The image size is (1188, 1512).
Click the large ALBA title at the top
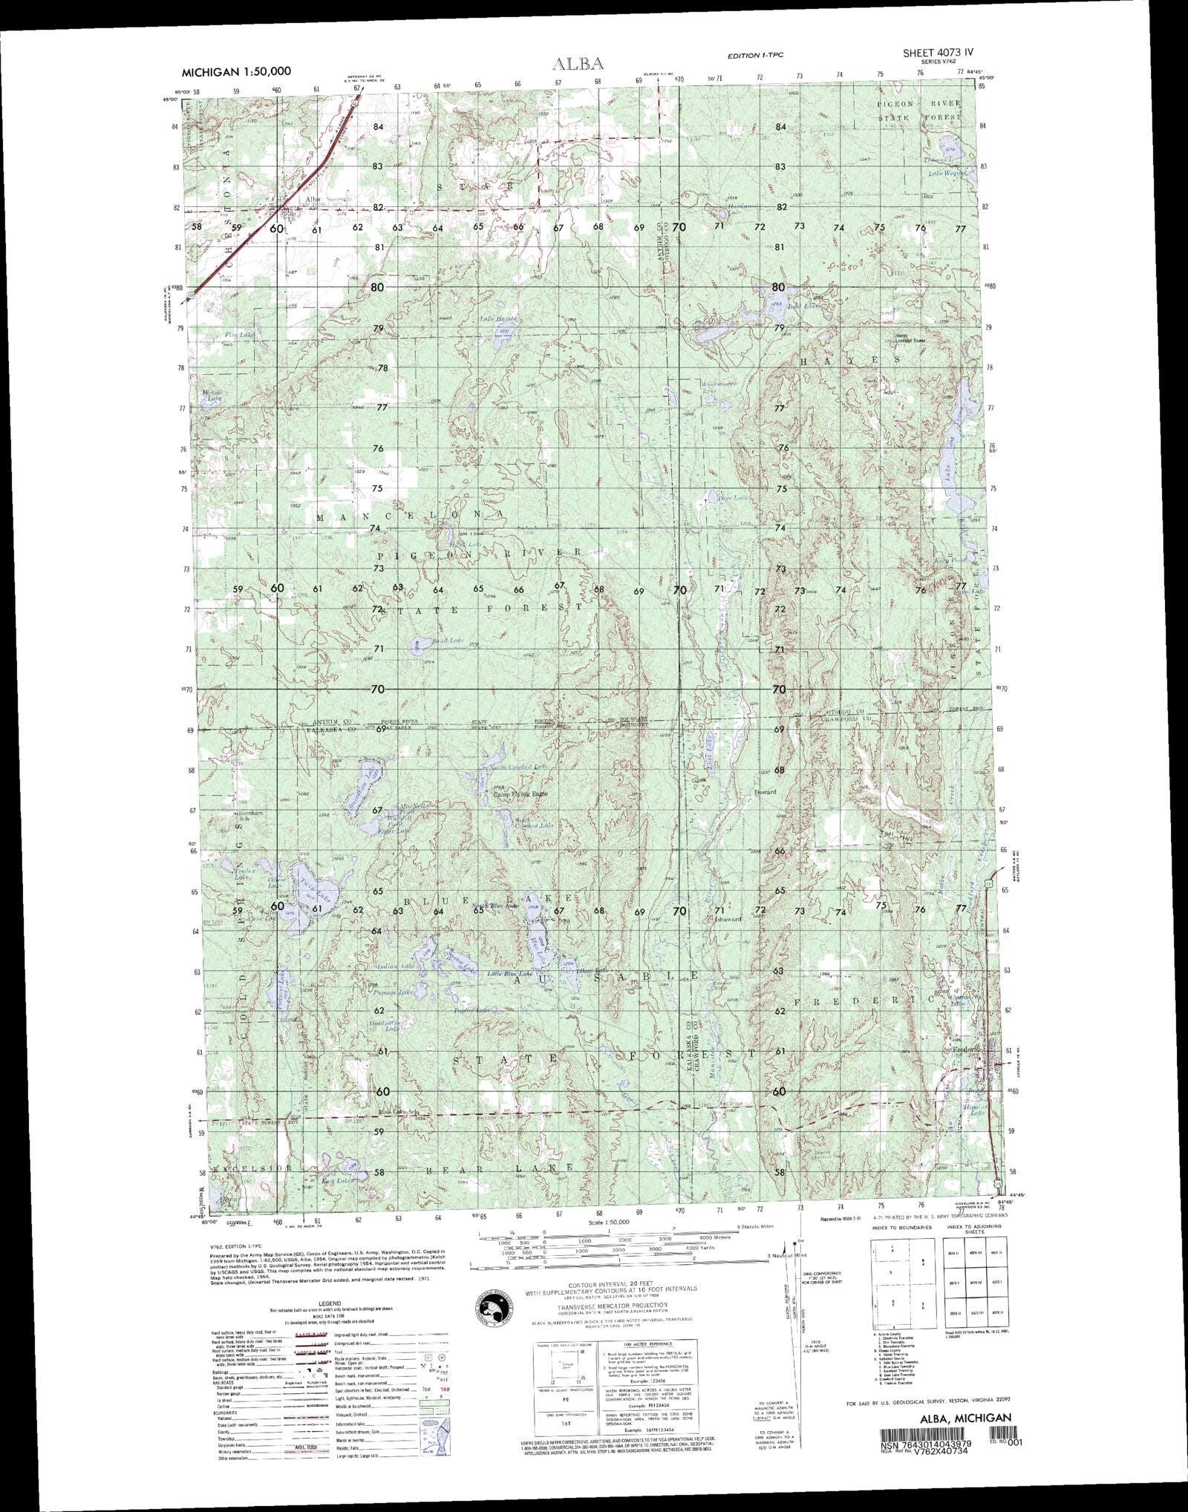click(578, 65)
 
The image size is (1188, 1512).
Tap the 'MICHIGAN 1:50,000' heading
click(236, 72)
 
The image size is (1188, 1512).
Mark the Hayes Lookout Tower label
click(911, 338)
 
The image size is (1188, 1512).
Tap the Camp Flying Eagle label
click(520, 794)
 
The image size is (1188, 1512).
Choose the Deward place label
click(765, 792)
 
